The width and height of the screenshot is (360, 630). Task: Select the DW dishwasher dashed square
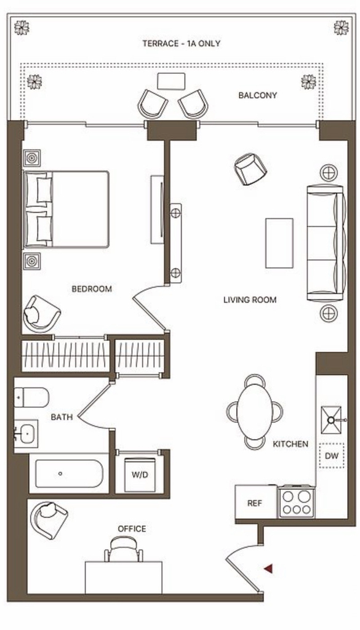332,455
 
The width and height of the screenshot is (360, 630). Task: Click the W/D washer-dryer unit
140,474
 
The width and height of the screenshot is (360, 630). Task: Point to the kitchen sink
332,420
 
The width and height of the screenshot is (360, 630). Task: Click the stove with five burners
297,502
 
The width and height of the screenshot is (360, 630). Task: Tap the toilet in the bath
31,397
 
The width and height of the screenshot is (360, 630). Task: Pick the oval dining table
255,412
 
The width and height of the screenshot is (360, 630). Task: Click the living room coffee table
279,243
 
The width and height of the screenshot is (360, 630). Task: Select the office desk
124,577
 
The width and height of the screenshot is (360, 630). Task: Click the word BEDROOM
92,289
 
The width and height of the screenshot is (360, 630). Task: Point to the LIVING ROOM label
250,300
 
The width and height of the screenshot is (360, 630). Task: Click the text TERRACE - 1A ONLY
182,44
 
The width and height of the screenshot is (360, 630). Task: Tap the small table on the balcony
171,81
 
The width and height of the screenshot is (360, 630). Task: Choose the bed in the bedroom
66,209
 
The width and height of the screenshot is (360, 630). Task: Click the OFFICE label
132,528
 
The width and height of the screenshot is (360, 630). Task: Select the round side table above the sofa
329,173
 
